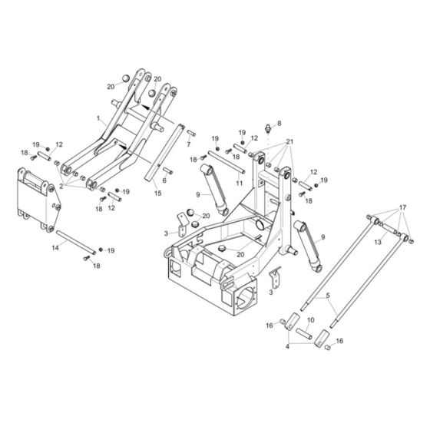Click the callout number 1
[x=99, y=120]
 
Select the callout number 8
[x=279, y=123]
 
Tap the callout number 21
[x=289, y=143]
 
